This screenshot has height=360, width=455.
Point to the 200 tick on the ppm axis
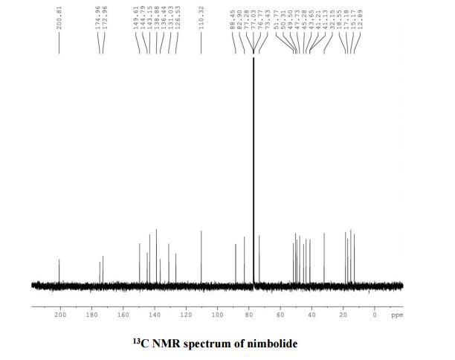tap(60, 315)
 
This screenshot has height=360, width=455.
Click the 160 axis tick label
tap(123, 315)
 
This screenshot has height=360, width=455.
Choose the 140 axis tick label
tap(155, 315)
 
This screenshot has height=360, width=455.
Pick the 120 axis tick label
tap(187, 315)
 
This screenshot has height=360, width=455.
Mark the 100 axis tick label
tap(218, 315)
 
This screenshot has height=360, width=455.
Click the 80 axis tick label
tap(250, 315)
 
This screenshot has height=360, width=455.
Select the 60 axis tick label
tap(281, 315)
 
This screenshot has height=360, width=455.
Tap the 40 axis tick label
tap(312, 315)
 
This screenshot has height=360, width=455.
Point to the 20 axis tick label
tap(343, 315)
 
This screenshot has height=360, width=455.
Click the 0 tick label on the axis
tap(375, 315)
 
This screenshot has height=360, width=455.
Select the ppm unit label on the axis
tap(396, 315)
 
